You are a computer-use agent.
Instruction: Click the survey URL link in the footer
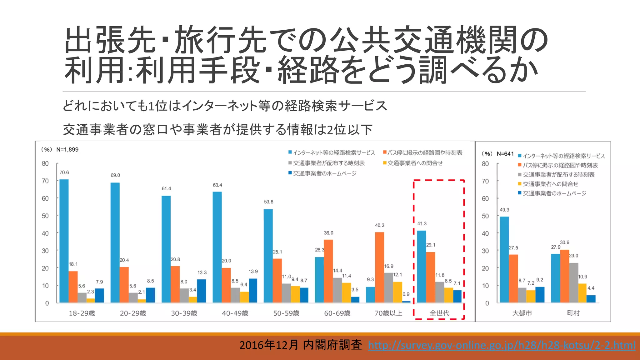coord(502,345)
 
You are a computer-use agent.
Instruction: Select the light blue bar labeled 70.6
coord(64,241)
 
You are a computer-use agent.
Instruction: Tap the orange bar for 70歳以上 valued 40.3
coord(379,267)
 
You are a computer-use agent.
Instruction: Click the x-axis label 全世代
coord(439,313)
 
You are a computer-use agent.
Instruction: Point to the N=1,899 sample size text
coord(67,150)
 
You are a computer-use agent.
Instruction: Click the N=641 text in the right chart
coord(505,154)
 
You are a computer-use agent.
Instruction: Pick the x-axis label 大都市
coord(522,313)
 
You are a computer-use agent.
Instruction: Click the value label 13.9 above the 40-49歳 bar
coord(253,272)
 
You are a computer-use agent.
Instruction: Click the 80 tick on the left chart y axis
coord(45,163)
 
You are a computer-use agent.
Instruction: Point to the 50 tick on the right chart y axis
coord(485,216)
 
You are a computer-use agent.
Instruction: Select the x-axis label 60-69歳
coord(337,313)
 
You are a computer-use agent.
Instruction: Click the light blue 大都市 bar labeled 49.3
coord(504,259)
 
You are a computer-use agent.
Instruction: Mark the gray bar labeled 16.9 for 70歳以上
coord(388,287)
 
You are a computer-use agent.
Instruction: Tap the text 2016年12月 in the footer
coord(269,345)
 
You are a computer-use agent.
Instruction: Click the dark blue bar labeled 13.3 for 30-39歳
coord(202,291)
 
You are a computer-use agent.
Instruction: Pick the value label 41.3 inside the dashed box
coord(422,224)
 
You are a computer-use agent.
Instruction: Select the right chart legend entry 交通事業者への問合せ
coord(550,184)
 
